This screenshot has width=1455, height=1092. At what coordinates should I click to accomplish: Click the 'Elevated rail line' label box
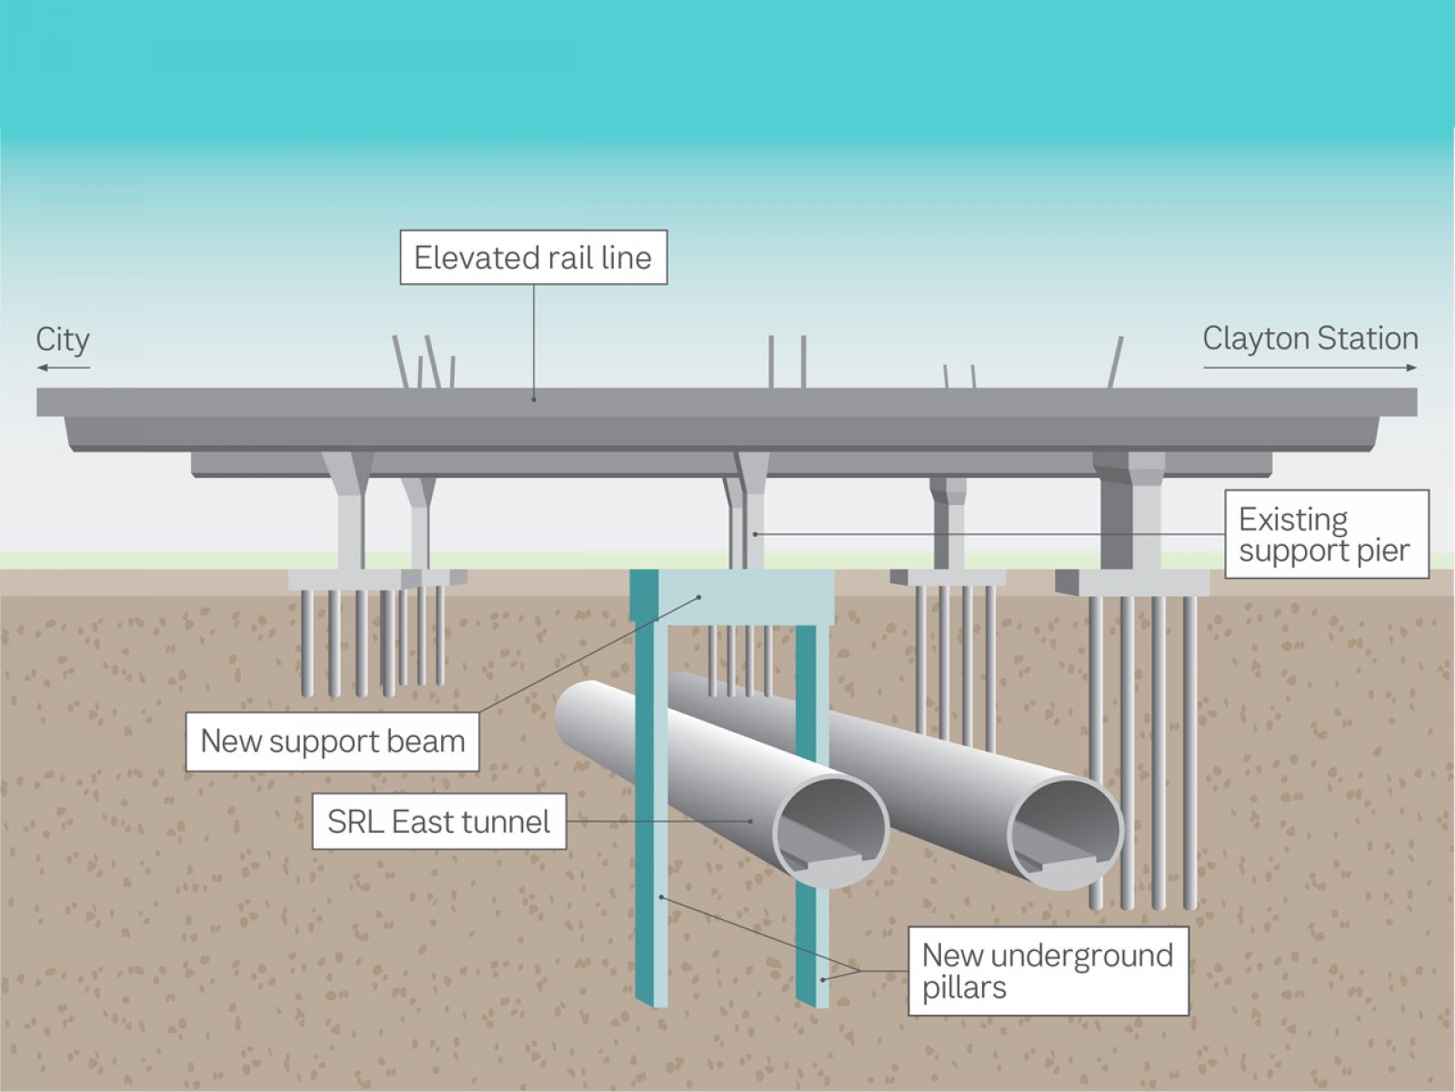pyautogui.click(x=534, y=258)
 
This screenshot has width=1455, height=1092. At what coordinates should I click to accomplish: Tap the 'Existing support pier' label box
pyautogui.click(x=1327, y=534)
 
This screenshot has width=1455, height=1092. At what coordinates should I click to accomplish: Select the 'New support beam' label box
pyautogui.click(x=332, y=742)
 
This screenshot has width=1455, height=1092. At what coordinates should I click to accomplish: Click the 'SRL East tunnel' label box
pyautogui.click(x=439, y=822)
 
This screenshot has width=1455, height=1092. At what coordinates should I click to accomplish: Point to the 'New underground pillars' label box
pyautogui.click(x=1048, y=971)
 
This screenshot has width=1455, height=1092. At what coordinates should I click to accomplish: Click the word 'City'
pyautogui.click(x=63, y=340)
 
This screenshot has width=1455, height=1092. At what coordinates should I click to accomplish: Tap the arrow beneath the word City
pyautogui.click(x=63, y=368)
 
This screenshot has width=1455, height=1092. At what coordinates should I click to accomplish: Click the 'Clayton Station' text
pyautogui.click(x=1309, y=339)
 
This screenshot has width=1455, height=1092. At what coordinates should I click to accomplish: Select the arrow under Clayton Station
pyautogui.click(x=1309, y=368)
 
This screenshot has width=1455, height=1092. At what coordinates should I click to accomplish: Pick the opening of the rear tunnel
pyautogui.click(x=1065, y=834)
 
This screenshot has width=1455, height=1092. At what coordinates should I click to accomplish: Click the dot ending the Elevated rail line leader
pyautogui.click(x=534, y=399)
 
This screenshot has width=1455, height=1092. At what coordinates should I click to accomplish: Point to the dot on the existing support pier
pyautogui.click(x=755, y=534)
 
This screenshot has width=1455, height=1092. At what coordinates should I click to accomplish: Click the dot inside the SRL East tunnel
pyautogui.click(x=751, y=822)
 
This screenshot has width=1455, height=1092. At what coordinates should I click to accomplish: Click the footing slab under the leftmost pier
pyautogui.click(x=355, y=580)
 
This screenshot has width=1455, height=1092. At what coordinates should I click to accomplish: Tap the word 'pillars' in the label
pyautogui.click(x=965, y=988)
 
